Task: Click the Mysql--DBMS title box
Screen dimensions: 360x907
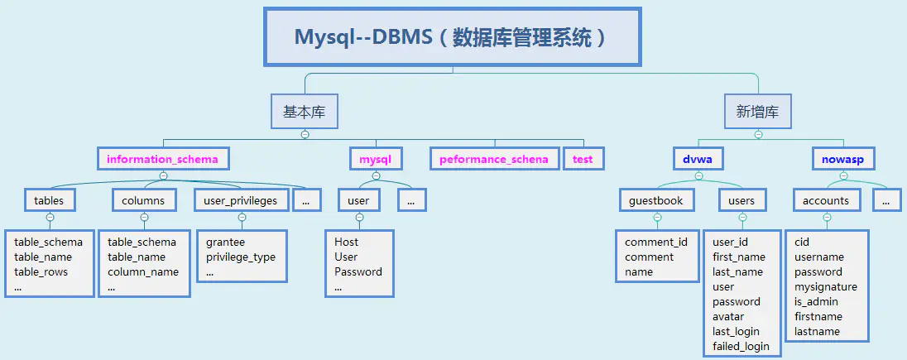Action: coord(453,37)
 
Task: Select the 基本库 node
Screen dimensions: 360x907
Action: coord(305,112)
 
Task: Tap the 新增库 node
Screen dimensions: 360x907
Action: coord(758,112)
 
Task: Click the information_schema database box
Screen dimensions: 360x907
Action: coord(163,159)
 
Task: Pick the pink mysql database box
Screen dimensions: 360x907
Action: coord(376,159)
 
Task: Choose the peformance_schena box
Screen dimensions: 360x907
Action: coord(494,159)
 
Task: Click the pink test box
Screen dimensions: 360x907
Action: coord(583,159)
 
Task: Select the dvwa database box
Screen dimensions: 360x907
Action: coord(698,159)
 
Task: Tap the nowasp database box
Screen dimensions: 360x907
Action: coord(843,159)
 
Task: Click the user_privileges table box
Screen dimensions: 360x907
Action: coord(242,200)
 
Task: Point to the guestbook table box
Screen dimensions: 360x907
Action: coord(656,200)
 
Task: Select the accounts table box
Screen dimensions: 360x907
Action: coord(826,200)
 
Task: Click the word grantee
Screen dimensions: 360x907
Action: coord(226,242)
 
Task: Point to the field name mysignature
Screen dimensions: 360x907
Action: coord(826,287)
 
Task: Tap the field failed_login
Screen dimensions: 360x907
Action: coord(741,347)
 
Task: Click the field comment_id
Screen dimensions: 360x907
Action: coord(656,242)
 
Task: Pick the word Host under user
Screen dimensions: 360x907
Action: coord(347,242)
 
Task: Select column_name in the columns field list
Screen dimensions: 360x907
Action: coord(143,272)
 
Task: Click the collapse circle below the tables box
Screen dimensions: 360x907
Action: coord(50,218)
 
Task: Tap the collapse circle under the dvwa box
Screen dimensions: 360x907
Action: coord(698,175)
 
